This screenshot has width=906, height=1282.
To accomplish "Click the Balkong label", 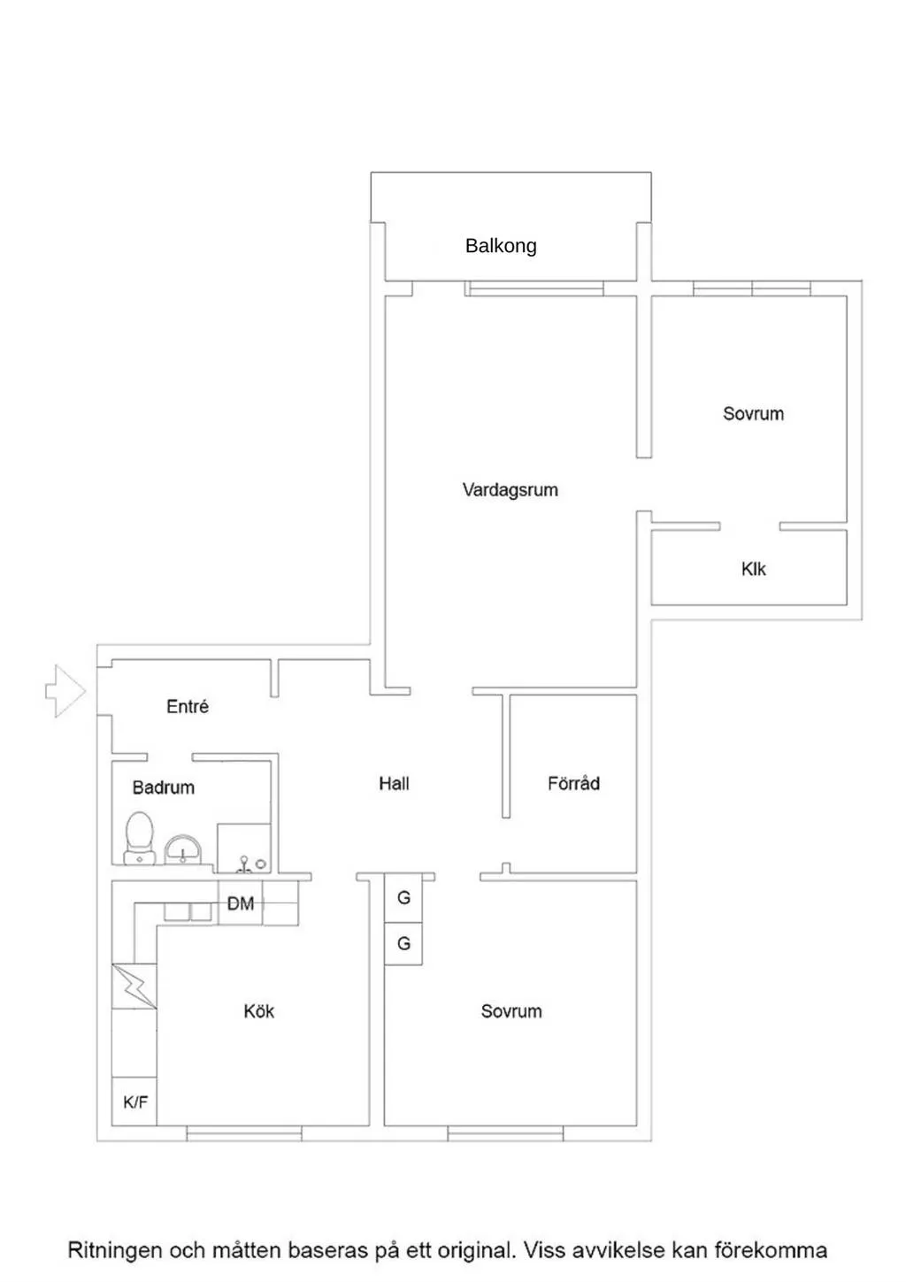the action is pyautogui.click(x=501, y=246).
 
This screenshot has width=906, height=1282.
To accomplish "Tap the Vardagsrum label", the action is pyautogui.click(x=510, y=490).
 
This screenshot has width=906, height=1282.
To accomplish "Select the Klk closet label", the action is pyautogui.click(x=753, y=569).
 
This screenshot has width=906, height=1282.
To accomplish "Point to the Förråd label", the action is pyautogui.click(x=573, y=783).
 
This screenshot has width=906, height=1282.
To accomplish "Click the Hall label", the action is pyautogui.click(x=394, y=784).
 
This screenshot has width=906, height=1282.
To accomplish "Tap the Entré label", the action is pyautogui.click(x=188, y=706).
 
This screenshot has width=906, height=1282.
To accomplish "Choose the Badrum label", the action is pyautogui.click(x=164, y=787).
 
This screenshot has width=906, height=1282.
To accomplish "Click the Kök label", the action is pyautogui.click(x=258, y=1011).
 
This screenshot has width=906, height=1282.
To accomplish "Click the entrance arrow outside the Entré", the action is pyautogui.click(x=65, y=691).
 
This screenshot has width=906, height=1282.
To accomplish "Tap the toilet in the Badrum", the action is pyautogui.click(x=140, y=838).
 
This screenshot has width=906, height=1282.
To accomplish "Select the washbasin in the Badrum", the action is pyautogui.click(x=183, y=850).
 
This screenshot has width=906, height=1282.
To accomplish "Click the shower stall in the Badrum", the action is pyautogui.click(x=244, y=848).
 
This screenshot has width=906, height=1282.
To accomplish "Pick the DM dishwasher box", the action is pyautogui.click(x=241, y=902).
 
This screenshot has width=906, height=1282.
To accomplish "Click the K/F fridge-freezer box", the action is pyautogui.click(x=134, y=1102).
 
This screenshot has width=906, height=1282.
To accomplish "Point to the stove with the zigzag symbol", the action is pyautogui.click(x=134, y=986).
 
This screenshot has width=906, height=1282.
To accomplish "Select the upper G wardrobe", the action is pyautogui.click(x=403, y=897).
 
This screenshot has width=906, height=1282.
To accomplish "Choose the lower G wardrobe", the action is pyautogui.click(x=403, y=943).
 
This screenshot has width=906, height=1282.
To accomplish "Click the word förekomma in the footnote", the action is pyautogui.click(x=771, y=1249).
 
